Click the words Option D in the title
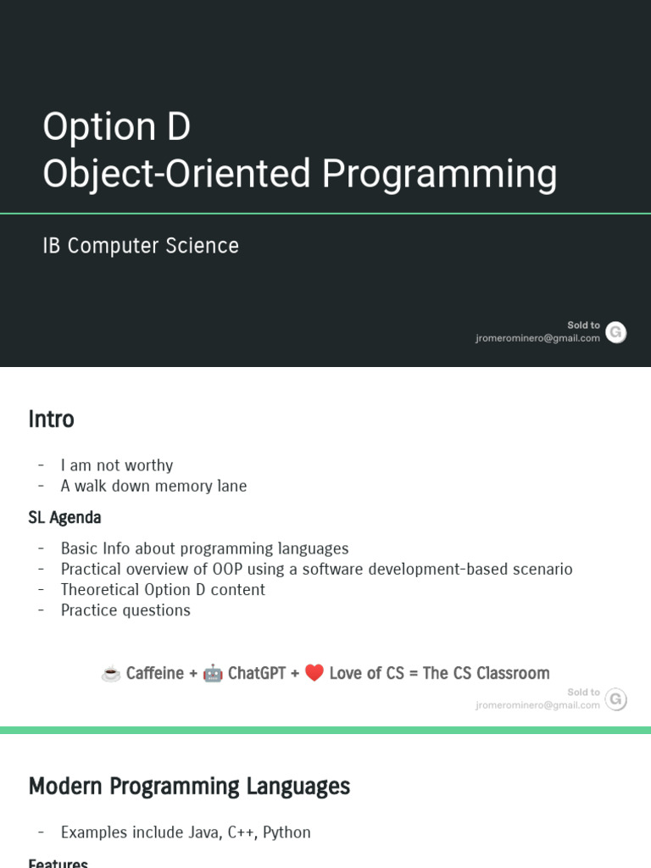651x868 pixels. tap(117, 127)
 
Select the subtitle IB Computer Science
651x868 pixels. tap(141, 246)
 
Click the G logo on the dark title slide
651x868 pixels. tap(616, 332)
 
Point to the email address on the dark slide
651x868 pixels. tap(537, 338)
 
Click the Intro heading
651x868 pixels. tap(51, 420)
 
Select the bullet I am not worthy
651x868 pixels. tap(117, 465)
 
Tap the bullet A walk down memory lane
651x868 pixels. tap(153, 486)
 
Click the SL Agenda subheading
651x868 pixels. tap(64, 517)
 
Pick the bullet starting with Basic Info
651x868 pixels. tap(204, 548)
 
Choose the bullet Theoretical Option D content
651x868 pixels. tap(163, 589)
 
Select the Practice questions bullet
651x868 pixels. tap(125, 610)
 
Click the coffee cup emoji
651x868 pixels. tap(110, 674)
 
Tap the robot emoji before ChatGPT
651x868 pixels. tap(213, 674)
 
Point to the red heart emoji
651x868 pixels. tap(314, 674)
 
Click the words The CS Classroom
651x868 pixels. tap(486, 673)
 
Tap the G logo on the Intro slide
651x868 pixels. tap(616, 699)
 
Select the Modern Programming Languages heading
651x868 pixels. tap(189, 787)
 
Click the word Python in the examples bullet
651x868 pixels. tap(287, 832)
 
